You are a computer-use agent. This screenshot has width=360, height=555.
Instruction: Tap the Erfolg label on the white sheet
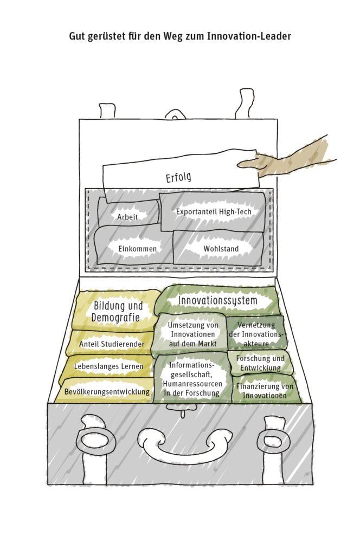click(178, 177)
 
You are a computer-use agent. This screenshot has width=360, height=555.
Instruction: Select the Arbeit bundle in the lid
click(128, 217)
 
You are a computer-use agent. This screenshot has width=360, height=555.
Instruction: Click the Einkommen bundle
click(137, 249)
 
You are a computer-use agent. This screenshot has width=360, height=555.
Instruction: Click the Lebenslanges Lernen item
click(108, 366)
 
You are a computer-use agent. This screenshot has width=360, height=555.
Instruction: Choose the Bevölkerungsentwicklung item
click(106, 391)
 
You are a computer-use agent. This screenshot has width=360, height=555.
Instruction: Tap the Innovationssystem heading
click(218, 300)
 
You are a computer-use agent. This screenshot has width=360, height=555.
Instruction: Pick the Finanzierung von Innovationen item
click(265, 390)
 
